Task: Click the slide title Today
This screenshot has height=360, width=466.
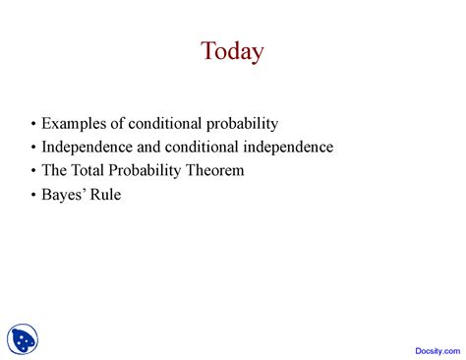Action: point(232,51)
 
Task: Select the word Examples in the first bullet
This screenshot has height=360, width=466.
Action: point(71,124)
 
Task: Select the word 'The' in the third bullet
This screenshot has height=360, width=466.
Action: point(55,171)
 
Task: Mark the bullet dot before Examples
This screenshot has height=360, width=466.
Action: point(34,125)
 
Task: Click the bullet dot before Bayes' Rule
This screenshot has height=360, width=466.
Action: point(34,196)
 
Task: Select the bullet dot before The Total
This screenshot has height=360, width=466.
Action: point(34,172)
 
